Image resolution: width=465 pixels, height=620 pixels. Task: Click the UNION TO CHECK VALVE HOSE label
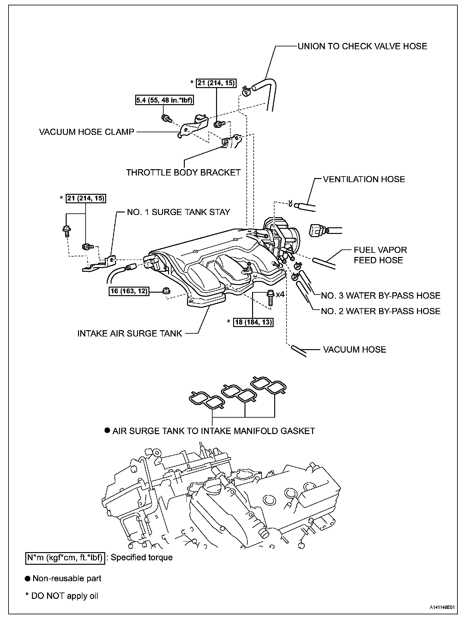[362, 46]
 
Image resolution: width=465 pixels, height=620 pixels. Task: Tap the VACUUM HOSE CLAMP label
[87, 132]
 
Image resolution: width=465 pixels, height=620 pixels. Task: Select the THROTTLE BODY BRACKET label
[183, 173]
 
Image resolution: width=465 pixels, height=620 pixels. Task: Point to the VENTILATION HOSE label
[364, 180]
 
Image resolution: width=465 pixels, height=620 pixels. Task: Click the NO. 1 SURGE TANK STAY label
[178, 212]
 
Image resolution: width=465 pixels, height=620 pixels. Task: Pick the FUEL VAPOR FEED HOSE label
[380, 255]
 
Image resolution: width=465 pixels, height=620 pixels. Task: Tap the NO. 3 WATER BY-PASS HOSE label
[381, 296]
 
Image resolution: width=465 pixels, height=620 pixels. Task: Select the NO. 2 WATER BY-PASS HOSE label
[381, 311]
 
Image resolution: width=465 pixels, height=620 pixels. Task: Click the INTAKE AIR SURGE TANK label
[130, 334]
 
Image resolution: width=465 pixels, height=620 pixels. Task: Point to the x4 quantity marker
[280, 294]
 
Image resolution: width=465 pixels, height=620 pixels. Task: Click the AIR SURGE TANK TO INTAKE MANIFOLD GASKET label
[214, 431]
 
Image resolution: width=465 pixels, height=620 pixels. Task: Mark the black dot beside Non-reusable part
[28, 579]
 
